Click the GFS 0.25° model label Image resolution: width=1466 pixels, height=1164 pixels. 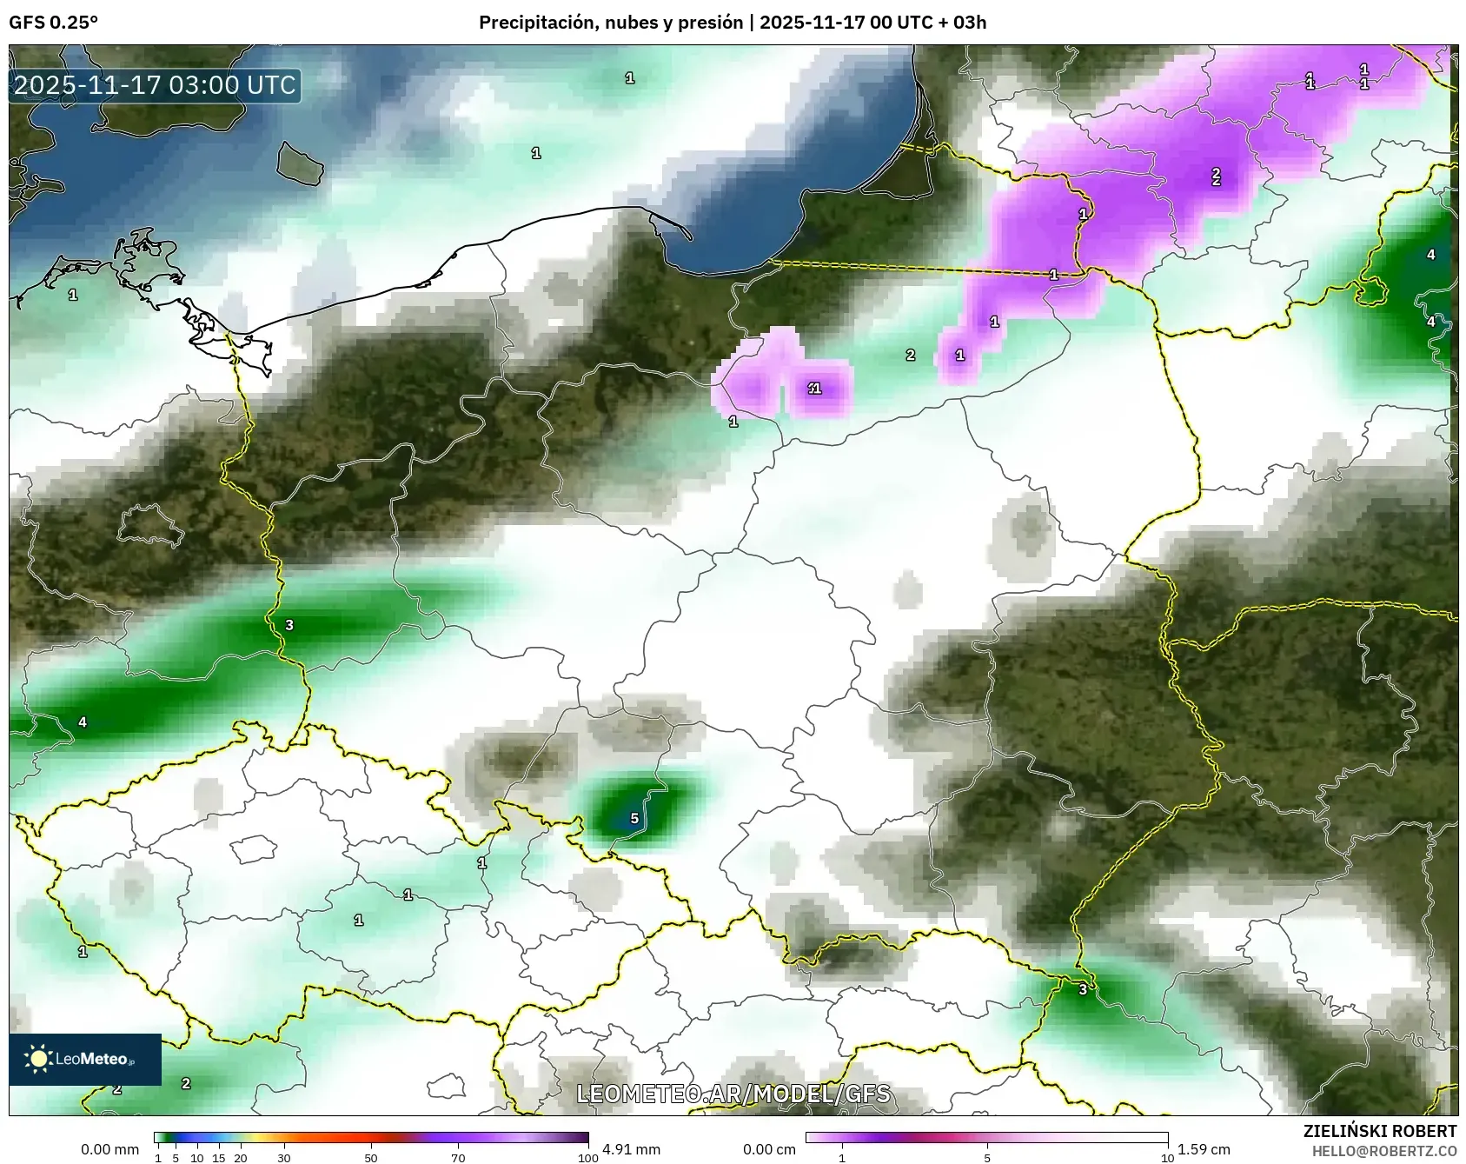(53, 23)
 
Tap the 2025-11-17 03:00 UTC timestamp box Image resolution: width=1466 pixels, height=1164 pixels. (155, 85)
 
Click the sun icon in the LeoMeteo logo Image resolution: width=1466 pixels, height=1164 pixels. (38, 1058)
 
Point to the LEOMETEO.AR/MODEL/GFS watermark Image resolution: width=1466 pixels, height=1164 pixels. (733, 1093)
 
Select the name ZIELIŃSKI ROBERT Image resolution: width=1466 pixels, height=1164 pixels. (1379, 1131)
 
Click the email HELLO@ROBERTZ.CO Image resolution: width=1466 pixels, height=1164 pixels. (1383, 1151)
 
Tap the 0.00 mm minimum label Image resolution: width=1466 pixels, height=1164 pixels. (109, 1149)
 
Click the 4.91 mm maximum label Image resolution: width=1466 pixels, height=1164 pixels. (631, 1149)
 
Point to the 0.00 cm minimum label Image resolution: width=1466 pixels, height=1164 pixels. (769, 1149)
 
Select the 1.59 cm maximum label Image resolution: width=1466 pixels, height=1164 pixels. (1204, 1149)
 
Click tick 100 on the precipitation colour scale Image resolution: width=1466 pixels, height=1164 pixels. (588, 1158)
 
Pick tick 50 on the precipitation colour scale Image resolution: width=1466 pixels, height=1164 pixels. (371, 1158)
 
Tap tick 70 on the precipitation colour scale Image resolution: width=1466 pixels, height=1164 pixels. (458, 1158)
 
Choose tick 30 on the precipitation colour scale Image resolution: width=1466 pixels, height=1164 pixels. (284, 1158)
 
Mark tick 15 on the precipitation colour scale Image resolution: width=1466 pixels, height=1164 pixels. (219, 1158)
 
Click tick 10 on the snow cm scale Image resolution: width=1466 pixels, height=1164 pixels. (1167, 1158)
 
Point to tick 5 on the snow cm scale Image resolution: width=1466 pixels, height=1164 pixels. (987, 1158)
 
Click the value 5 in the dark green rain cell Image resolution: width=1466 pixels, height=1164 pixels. (634, 818)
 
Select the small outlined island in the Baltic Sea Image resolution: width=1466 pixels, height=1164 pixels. (299, 163)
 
